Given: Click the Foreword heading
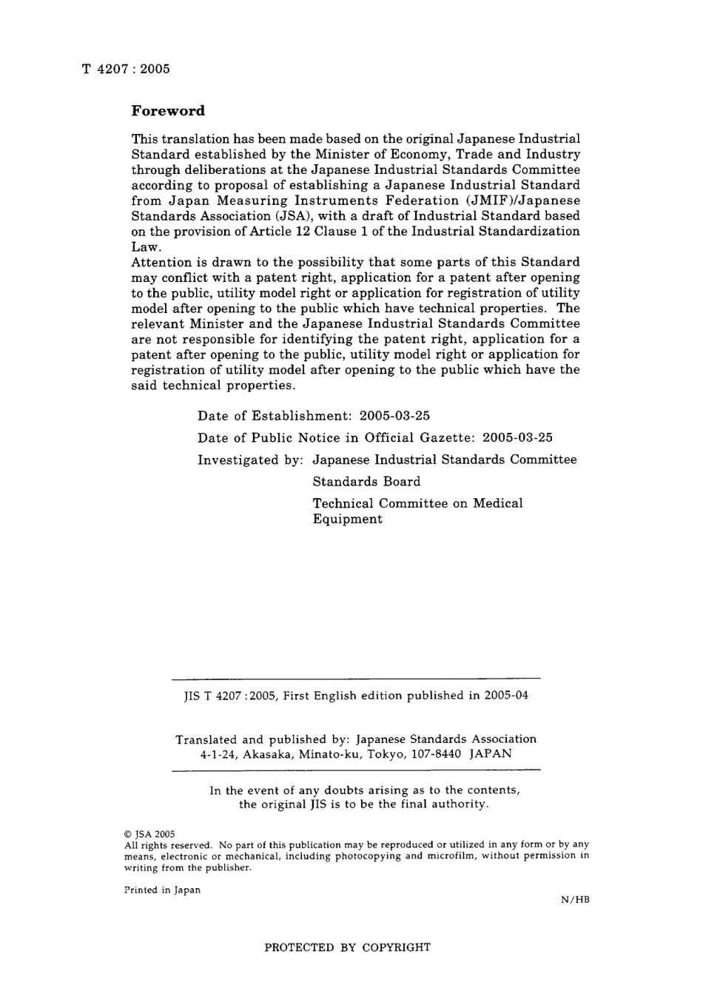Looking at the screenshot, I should [168, 111].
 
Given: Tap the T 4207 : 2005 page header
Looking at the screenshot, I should [126, 69].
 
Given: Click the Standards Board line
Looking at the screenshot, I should [366, 481].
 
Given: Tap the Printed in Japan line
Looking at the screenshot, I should [162, 890].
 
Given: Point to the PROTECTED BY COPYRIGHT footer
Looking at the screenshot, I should [347, 947].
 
